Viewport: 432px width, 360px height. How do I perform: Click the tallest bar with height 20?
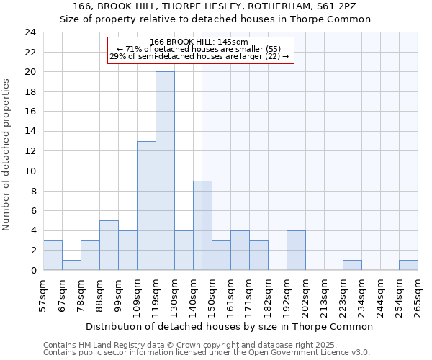165,171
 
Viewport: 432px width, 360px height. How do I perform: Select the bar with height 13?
146,205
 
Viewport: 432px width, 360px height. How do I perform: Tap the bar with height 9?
202,225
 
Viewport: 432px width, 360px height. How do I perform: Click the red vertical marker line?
202,144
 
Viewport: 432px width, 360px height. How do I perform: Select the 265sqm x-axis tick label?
418,295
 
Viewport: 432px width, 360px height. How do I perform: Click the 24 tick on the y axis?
30,32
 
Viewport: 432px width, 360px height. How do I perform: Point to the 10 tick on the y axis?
30,171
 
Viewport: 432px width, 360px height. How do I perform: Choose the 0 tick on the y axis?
32,270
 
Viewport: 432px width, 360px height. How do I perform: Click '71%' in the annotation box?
134,49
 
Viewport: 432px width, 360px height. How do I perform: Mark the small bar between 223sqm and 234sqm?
352,265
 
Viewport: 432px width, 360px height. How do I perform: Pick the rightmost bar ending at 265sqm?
408,265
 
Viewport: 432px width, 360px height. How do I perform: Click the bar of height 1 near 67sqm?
71,265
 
